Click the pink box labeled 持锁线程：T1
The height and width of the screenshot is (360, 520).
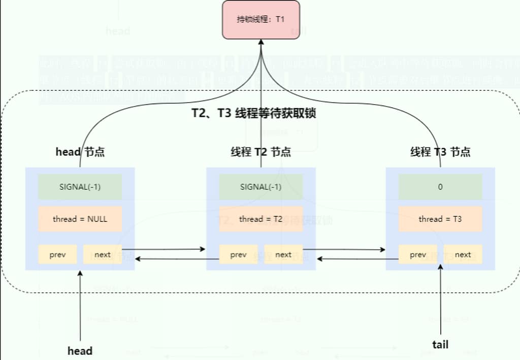pyautogui.click(x=261, y=20)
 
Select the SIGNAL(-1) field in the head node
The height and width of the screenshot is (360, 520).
pyautogui.click(x=80, y=187)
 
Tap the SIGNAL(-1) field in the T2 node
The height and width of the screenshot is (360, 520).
pyautogui.click(x=261, y=187)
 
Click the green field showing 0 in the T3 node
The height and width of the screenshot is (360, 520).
pyautogui.click(x=440, y=187)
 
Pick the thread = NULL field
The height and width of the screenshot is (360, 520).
pyautogui.click(x=80, y=219)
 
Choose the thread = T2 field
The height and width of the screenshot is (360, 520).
pyautogui.click(x=261, y=219)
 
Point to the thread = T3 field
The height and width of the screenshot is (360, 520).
pyautogui.click(x=440, y=219)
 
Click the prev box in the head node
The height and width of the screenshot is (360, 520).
pyautogui.click(x=57, y=254)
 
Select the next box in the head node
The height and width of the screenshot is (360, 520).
pyautogui.click(x=102, y=254)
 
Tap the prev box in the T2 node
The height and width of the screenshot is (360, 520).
pyautogui.click(x=238, y=254)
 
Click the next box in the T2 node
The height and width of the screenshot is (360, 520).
pyautogui.click(x=283, y=254)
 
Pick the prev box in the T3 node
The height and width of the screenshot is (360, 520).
pyautogui.click(x=418, y=254)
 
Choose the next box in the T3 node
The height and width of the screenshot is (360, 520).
pyautogui.click(x=463, y=254)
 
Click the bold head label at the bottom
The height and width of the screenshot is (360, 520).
pyautogui.click(x=80, y=351)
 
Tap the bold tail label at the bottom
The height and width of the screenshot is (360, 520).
pyautogui.click(x=440, y=344)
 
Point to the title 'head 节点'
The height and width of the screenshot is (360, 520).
pyautogui.click(x=80, y=152)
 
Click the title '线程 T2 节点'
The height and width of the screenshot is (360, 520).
pyautogui.click(x=261, y=152)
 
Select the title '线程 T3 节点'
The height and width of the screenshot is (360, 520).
pyautogui.click(x=440, y=152)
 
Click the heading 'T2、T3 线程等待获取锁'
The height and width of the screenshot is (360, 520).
pyautogui.click(x=253, y=113)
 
